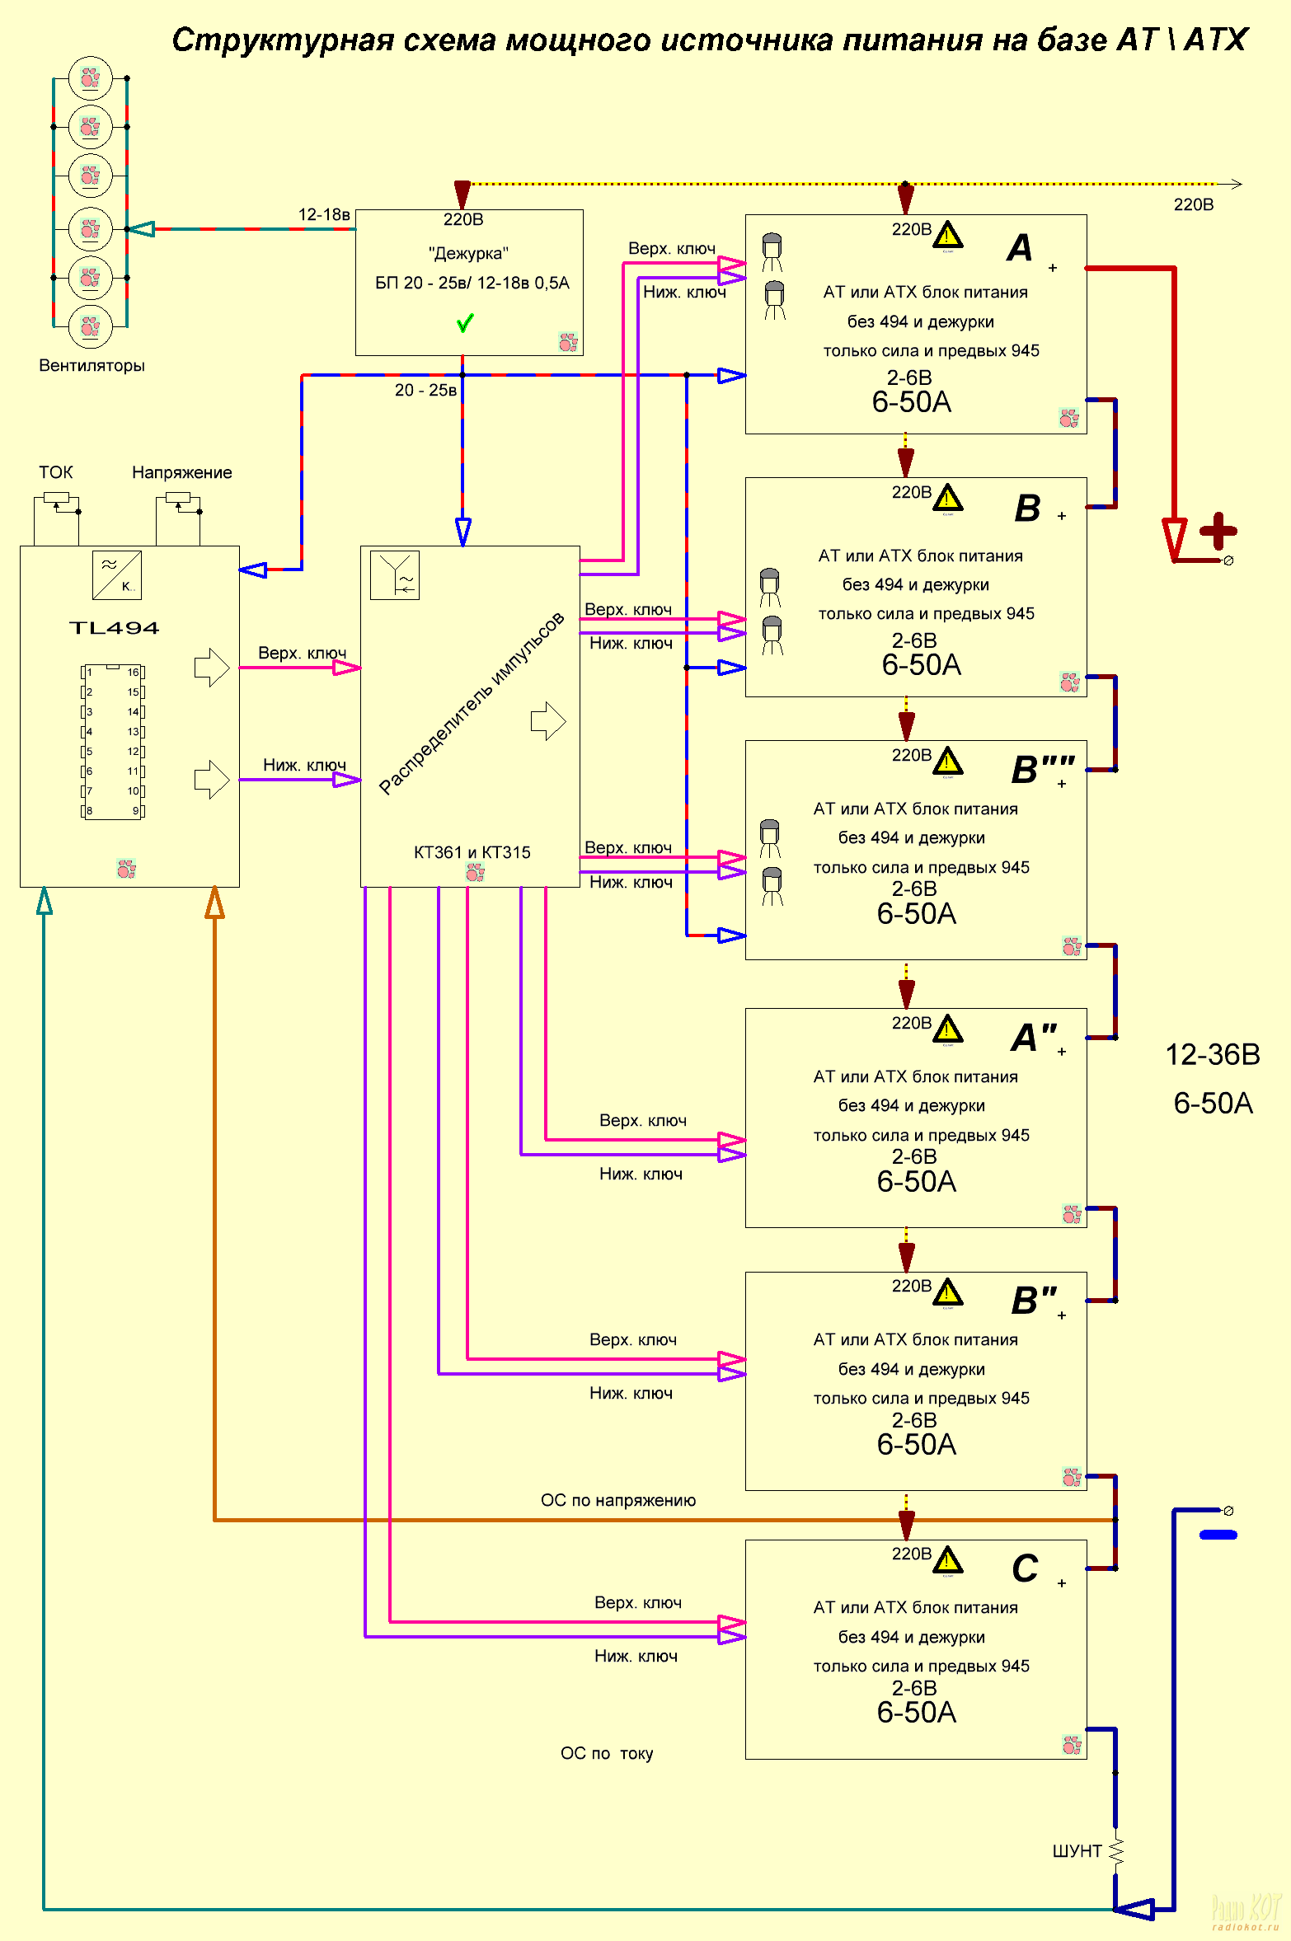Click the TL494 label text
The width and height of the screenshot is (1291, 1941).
click(x=114, y=628)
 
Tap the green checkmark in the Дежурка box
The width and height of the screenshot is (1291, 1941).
click(x=465, y=322)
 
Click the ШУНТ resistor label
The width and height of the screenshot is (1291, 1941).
click(x=1077, y=1851)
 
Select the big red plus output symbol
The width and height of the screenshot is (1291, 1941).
click(x=1218, y=531)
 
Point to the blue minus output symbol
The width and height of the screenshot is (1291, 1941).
click(x=1218, y=1535)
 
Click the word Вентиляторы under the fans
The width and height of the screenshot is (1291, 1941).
click(x=92, y=365)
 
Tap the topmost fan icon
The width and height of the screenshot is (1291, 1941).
click(x=90, y=78)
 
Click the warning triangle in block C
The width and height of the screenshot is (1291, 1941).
click(x=948, y=1559)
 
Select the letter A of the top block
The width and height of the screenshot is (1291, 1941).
click(x=1020, y=247)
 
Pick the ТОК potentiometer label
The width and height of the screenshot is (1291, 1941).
click(x=55, y=472)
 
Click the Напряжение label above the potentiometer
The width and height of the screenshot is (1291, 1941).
click(x=181, y=472)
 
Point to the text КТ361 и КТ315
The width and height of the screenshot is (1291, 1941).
click(x=472, y=852)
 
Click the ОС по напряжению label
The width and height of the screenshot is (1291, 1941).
click(x=617, y=1500)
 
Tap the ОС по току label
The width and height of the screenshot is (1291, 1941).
click(x=606, y=1753)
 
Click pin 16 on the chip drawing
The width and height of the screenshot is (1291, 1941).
click(x=134, y=673)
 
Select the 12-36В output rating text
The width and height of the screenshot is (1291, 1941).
click(x=1212, y=1054)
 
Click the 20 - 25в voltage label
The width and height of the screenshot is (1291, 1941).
click(x=425, y=390)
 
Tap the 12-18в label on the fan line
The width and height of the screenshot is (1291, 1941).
click(x=324, y=214)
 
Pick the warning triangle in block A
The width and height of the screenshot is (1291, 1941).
click(x=948, y=236)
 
